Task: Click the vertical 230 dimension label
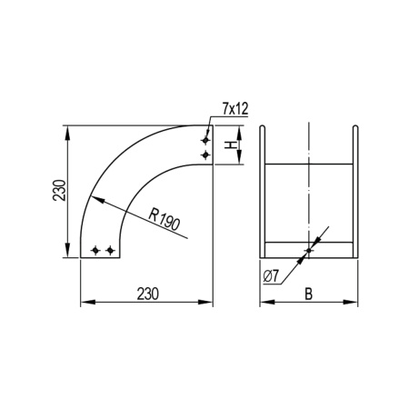[57, 192]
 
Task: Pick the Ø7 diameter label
[270, 275]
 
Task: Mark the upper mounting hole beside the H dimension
[206, 140]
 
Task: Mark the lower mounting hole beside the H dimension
[206, 155]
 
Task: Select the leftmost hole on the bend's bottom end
[97, 249]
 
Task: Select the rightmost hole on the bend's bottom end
[111, 249]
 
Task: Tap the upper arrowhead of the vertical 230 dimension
[69, 132]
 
